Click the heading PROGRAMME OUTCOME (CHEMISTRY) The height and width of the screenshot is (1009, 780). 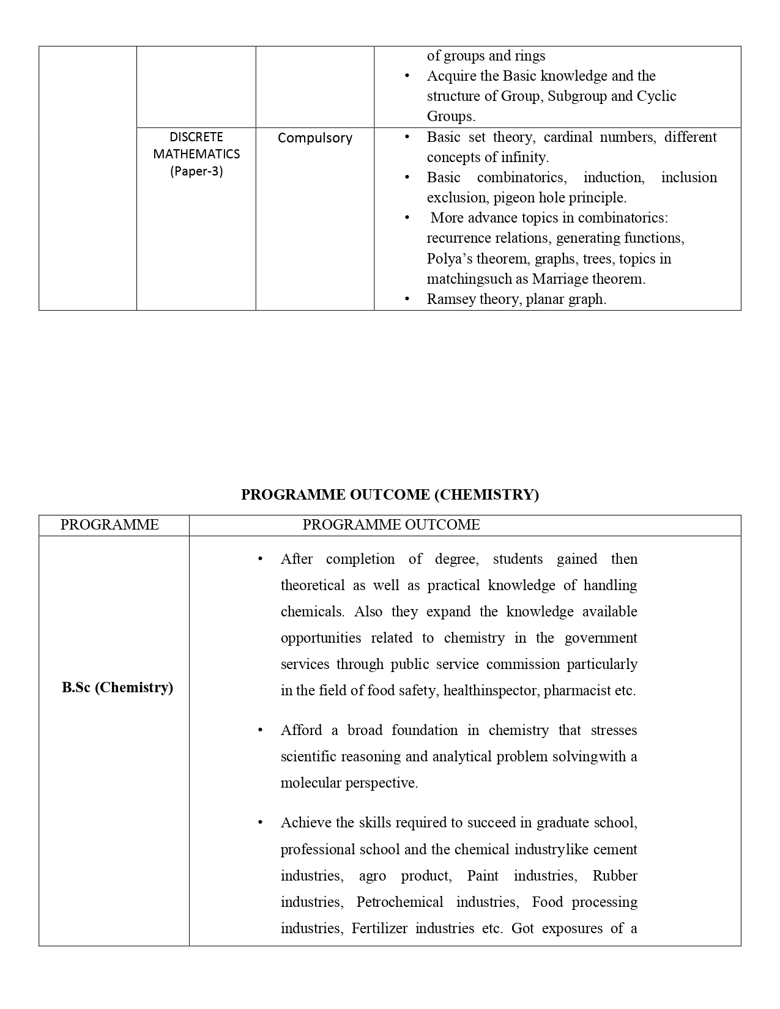tap(390, 495)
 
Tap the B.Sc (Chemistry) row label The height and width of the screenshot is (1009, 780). tap(117, 687)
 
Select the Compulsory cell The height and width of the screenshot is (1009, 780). tap(315, 138)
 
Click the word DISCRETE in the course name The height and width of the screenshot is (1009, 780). tap(196, 137)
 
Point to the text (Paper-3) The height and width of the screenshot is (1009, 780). tap(196, 171)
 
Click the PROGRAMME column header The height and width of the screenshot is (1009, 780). tap(110, 525)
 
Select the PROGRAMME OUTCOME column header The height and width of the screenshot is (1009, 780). tap(391, 525)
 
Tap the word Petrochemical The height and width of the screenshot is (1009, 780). tap(399, 902)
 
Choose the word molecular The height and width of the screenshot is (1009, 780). tap(311, 783)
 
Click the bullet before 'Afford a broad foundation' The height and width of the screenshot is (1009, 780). tap(261, 730)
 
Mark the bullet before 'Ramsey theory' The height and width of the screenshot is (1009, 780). tap(407, 300)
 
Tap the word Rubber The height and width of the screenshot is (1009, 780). tap(615, 876)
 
